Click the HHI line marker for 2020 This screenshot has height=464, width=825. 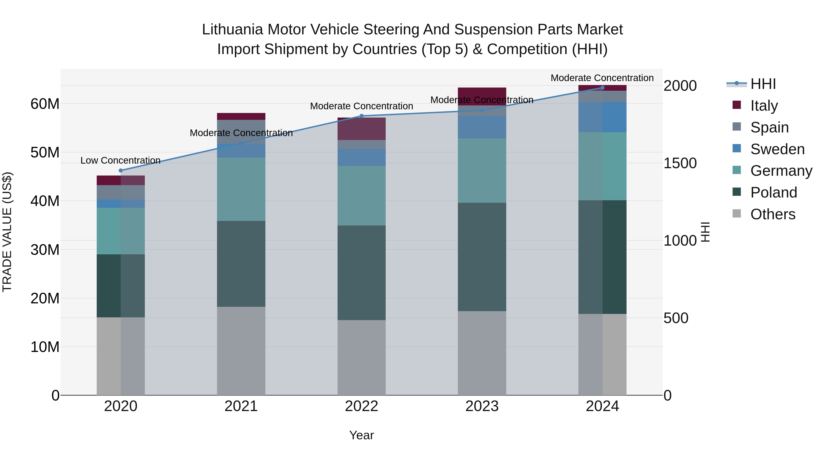(121, 170)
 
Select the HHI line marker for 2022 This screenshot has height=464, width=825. (362, 116)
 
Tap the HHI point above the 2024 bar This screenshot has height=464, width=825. (602, 88)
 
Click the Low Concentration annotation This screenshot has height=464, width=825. (120, 160)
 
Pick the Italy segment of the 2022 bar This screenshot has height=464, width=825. (362, 129)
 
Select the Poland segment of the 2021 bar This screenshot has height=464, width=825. (241, 264)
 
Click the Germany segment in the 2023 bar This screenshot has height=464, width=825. (482, 170)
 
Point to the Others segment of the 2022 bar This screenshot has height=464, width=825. (362, 357)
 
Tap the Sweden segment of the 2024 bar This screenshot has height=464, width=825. (602, 117)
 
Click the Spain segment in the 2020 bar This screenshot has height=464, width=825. (121, 192)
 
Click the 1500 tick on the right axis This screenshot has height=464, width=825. (680, 163)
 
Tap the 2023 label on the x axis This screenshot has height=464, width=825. (482, 406)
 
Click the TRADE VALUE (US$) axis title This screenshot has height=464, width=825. (7, 232)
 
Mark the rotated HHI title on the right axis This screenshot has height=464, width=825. (706, 232)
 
